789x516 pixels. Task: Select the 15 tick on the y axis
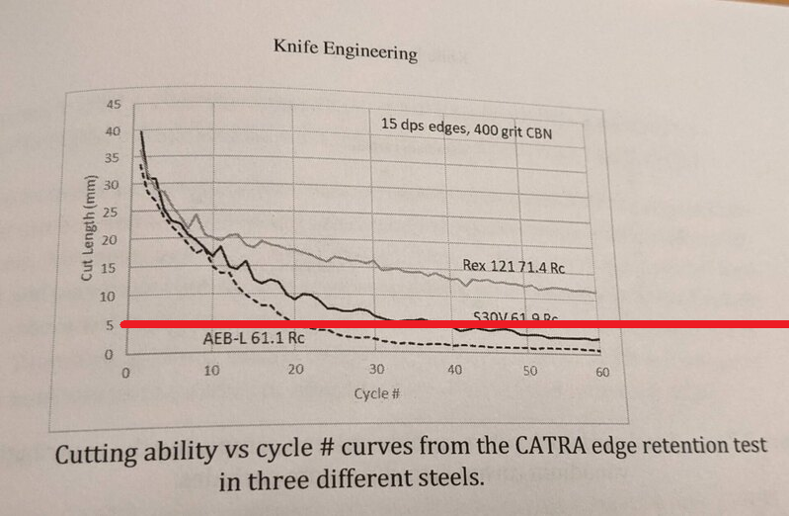[x=111, y=267]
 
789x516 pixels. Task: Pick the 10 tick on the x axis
[x=210, y=371]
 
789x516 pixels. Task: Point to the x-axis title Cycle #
[x=376, y=393]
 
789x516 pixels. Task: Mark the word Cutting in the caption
[x=97, y=458]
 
